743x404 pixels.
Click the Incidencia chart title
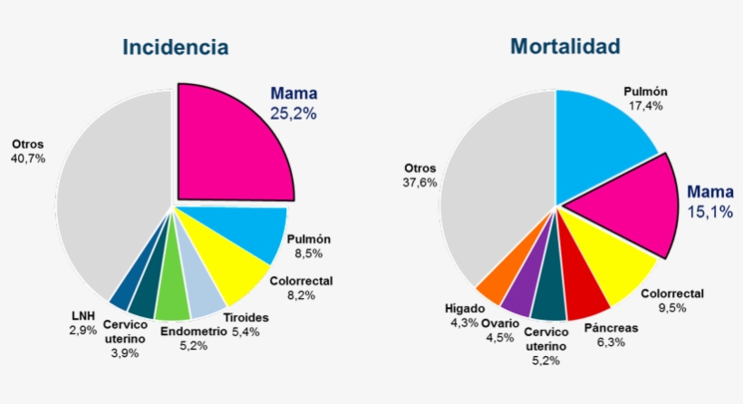(176, 47)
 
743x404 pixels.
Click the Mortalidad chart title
(564, 46)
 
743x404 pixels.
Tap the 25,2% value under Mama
(294, 113)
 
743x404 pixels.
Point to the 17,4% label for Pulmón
(644, 105)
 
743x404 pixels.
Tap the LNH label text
(83, 316)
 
